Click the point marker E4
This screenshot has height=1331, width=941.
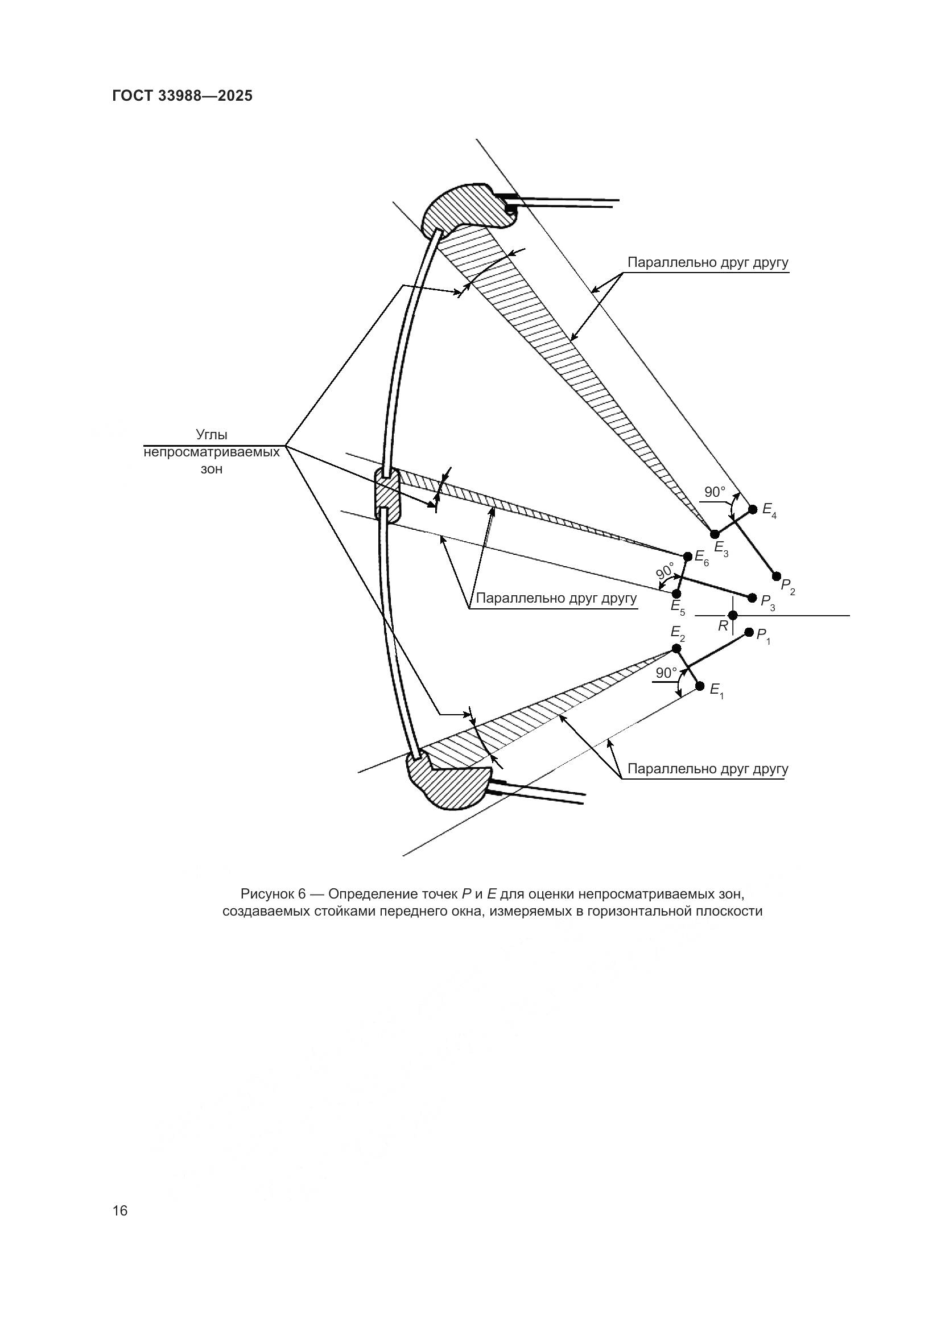(x=753, y=509)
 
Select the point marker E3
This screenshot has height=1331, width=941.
(x=715, y=534)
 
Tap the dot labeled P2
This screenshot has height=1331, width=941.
(x=777, y=576)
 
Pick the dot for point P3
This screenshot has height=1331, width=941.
(x=753, y=597)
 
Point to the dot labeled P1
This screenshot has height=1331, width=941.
(x=749, y=632)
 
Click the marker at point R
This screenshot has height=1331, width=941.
(x=733, y=615)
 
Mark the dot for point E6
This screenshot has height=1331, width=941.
(x=688, y=557)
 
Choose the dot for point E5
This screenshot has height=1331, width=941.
(x=676, y=594)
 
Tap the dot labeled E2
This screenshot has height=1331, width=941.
(x=676, y=648)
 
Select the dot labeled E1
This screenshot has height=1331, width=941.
(x=700, y=686)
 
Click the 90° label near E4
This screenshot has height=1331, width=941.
(x=715, y=492)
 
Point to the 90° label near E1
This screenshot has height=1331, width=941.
(x=666, y=673)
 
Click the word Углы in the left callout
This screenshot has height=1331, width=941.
(x=212, y=435)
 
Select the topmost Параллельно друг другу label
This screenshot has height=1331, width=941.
(x=708, y=262)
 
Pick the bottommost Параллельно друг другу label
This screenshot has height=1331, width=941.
(x=708, y=769)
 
